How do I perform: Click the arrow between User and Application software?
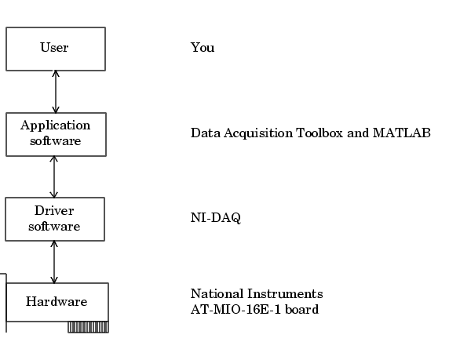click(x=56, y=92)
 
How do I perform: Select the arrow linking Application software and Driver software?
click(x=54, y=176)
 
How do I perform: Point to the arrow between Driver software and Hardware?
click(x=54, y=262)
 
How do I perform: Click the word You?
click(x=203, y=47)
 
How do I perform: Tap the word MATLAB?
click(x=402, y=133)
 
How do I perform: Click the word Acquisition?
click(x=258, y=133)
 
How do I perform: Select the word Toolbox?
click(x=319, y=133)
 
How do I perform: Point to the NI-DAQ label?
click(x=216, y=218)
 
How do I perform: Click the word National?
click(x=217, y=293)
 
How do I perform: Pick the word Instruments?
click(x=285, y=293)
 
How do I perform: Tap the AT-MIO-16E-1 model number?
click(x=235, y=309)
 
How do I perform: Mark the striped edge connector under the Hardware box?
click(x=88, y=327)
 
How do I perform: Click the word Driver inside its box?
click(x=54, y=211)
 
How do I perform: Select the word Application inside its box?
click(x=55, y=126)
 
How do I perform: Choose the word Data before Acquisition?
click(x=206, y=133)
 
